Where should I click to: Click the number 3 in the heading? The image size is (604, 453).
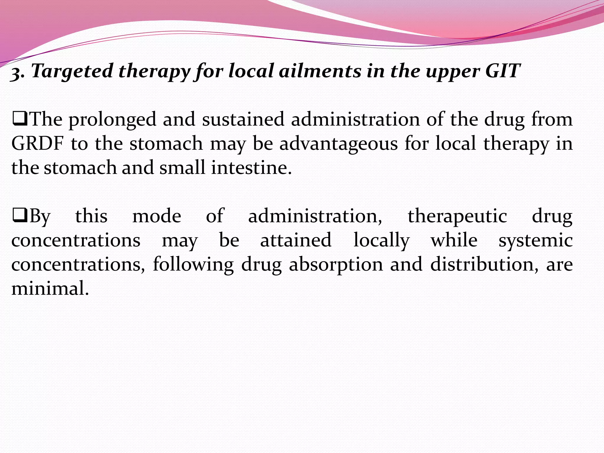[x=16, y=73]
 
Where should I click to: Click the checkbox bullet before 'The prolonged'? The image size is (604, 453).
[x=20, y=120]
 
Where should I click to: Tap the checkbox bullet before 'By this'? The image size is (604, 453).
[x=20, y=216]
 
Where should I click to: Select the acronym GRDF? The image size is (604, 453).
[x=37, y=144]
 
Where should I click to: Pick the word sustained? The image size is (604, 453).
[x=243, y=119]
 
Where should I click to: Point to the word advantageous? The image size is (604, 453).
[x=339, y=144]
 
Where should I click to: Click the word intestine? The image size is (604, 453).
[x=251, y=168]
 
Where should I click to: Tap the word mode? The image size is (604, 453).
[x=157, y=216]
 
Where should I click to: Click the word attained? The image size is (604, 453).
[x=296, y=240]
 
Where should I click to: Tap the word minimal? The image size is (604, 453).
[x=50, y=288]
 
